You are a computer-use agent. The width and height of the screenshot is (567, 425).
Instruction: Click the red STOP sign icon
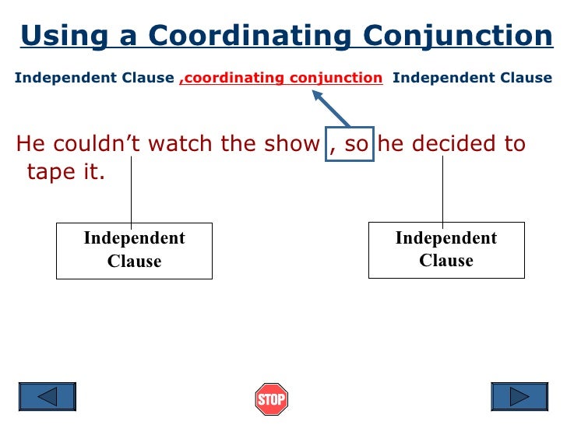pos(271,399)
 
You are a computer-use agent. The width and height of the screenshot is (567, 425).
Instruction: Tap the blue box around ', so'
pos(350,144)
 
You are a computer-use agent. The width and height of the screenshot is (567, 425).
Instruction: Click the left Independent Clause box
pos(134,250)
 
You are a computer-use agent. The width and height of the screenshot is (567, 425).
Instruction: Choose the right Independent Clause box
pos(446,249)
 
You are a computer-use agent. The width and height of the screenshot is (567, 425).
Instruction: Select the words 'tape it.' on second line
pos(65,172)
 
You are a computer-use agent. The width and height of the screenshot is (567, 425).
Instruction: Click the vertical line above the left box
pos(131,191)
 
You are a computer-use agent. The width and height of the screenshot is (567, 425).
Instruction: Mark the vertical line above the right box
pos(442,191)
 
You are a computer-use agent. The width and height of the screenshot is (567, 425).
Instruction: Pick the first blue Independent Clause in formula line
pos(94,78)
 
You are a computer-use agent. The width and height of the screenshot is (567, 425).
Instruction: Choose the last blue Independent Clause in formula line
pos(472,78)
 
